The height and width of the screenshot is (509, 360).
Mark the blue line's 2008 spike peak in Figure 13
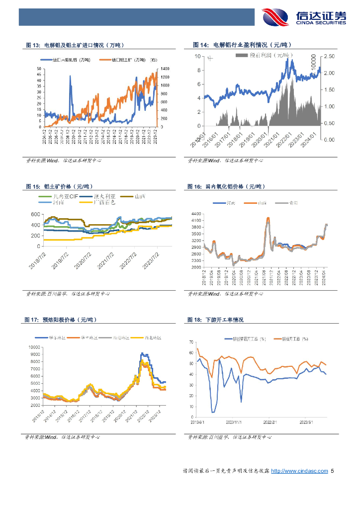point(70,76)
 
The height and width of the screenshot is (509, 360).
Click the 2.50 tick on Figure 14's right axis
point(329,57)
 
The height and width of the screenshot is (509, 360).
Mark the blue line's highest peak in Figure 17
point(142,353)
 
